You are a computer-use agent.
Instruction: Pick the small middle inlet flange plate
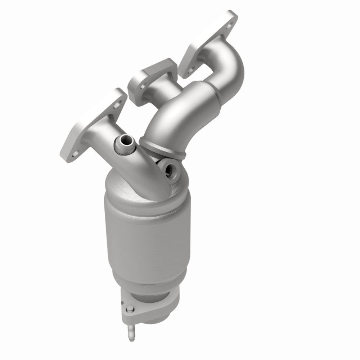pyautogui.click(x=151, y=79)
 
